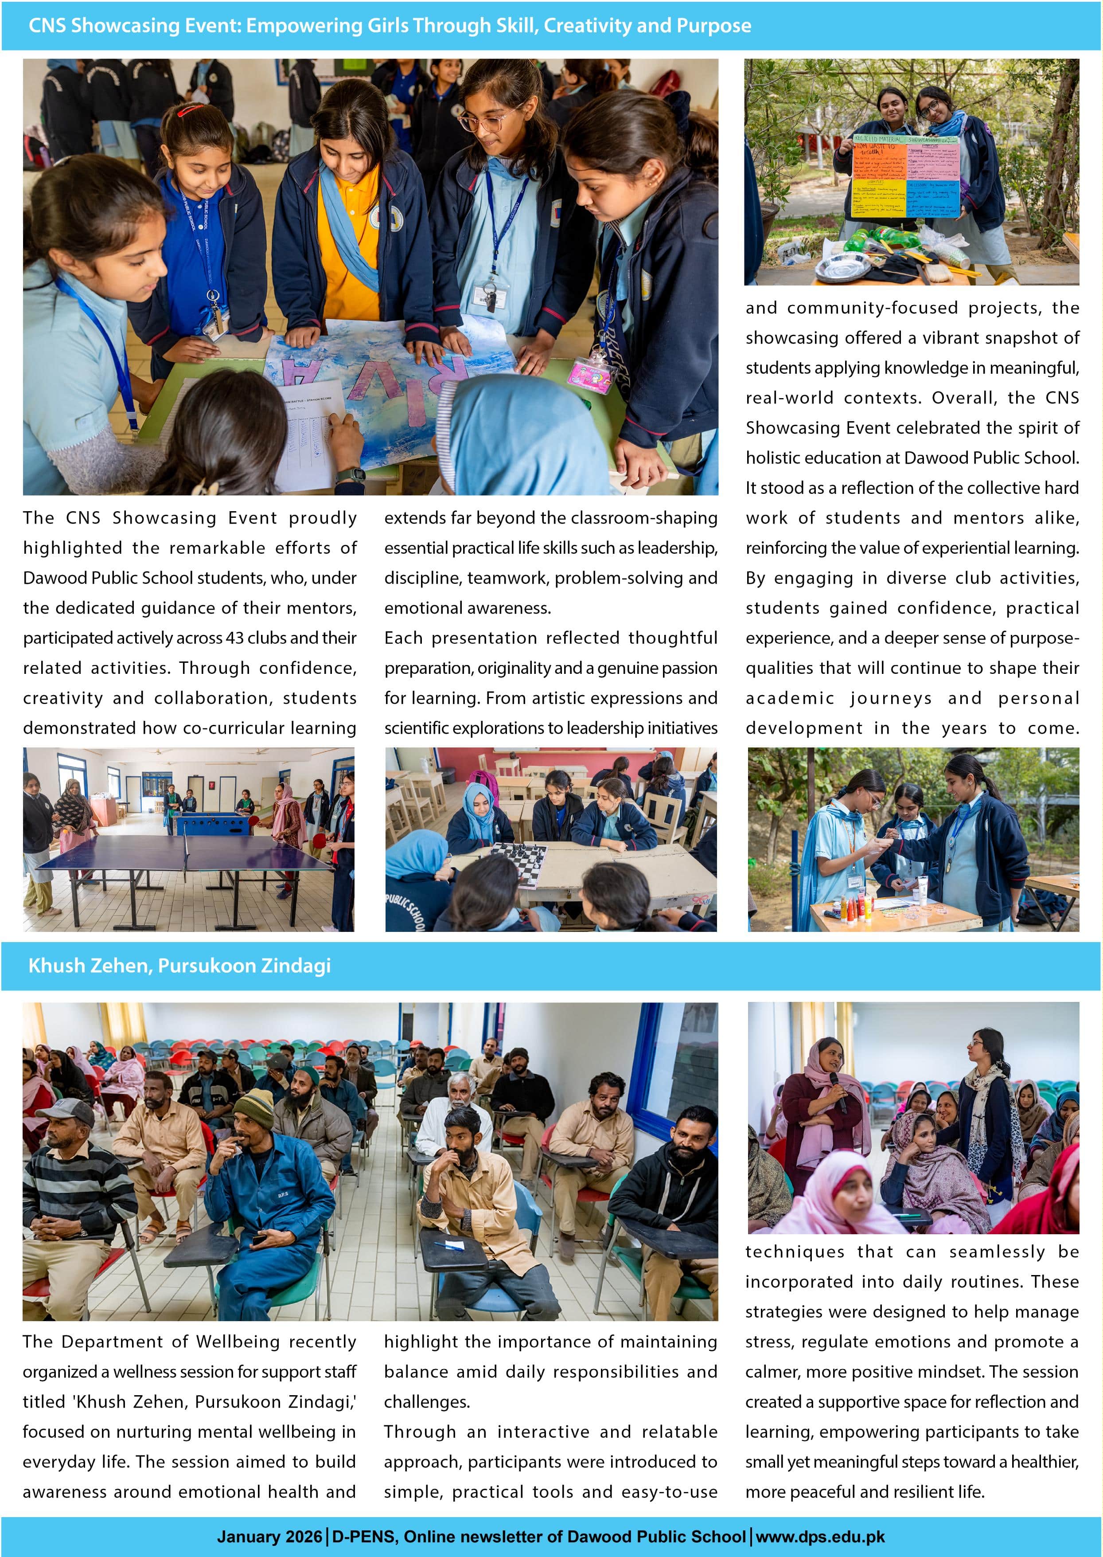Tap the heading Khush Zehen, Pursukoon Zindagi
pyautogui.click(x=179, y=965)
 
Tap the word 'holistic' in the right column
pyautogui.click(x=776, y=458)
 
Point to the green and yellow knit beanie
pyautogui.click(x=253, y=1106)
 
